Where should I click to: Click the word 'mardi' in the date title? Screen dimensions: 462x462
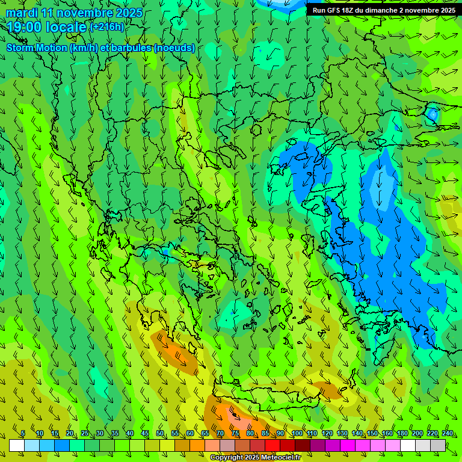22,13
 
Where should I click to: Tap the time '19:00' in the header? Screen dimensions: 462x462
24,27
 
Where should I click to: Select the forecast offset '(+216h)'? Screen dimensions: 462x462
107,27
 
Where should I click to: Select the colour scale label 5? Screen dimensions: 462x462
23,433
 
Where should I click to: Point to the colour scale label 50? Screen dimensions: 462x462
160,433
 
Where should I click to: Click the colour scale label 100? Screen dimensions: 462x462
297,433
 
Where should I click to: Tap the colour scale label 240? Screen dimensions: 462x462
448,433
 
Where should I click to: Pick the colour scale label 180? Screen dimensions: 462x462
402,433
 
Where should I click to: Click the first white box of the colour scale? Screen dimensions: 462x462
17,445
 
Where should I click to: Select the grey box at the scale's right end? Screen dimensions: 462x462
438,445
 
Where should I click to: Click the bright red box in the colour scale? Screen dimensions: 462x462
273,445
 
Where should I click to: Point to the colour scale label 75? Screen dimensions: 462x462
235,433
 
